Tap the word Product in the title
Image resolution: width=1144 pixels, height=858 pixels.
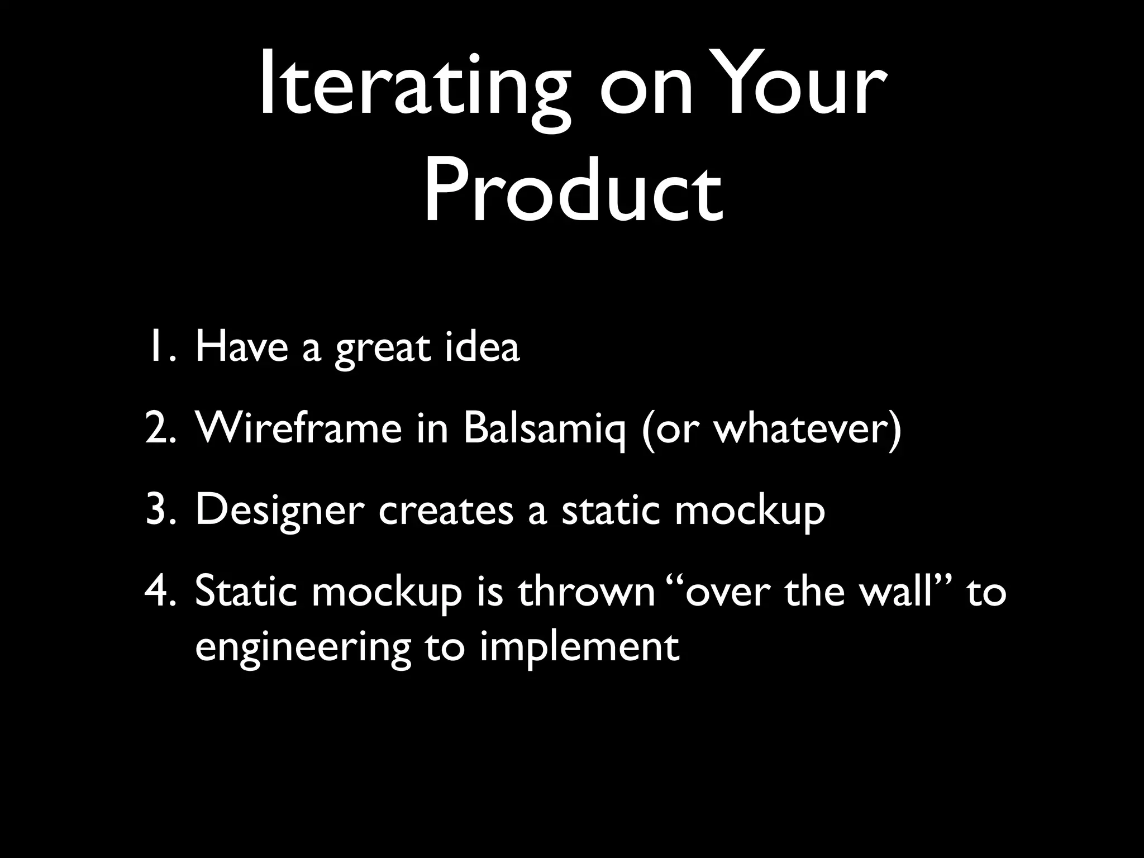[x=573, y=190]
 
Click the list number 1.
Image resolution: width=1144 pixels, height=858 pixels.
[x=159, y=346]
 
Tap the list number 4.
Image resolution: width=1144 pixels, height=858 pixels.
[x=159, y=592]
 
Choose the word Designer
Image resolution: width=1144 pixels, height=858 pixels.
[x=279, y=511]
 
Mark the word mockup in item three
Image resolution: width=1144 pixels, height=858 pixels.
[x=749, y=511]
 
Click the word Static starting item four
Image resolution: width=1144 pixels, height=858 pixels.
[x=246, y=592]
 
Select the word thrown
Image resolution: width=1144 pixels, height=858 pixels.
[x=587, y=592]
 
